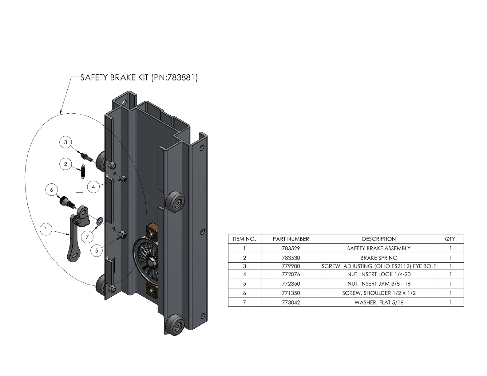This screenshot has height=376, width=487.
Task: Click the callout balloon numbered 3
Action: (x=65, y=142)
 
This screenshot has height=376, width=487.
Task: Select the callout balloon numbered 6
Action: (x=52, y=190)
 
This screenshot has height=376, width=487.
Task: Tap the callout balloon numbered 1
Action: (x=46, y=229)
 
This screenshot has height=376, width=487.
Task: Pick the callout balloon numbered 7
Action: (x=87, y=237)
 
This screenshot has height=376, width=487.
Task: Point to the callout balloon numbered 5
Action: (x=97, y=251)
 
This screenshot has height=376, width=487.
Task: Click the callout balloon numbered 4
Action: (x=93, y=186)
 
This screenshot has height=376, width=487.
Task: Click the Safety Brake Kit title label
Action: (x=139, y=78)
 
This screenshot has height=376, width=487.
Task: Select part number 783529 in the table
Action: (x=291, y=248)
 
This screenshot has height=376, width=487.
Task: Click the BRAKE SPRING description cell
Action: (x=379, y=258)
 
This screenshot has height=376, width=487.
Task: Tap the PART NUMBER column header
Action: (x=291, y=239)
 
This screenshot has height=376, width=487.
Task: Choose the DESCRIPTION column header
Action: (x=379, y=239)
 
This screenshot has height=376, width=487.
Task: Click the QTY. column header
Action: (x=450, y=239)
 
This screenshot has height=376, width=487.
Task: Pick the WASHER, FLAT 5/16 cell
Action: (x=379, y=302)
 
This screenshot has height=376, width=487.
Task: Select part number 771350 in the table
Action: (x=291, y=293)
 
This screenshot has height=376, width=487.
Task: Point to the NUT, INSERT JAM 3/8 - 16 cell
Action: (x=379, y=284)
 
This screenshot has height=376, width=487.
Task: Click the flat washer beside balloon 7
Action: (x=100, y=221)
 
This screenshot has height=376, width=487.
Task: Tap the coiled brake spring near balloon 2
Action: (x=82, y=171)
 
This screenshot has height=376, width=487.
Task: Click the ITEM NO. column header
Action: (x=244, y=239)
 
